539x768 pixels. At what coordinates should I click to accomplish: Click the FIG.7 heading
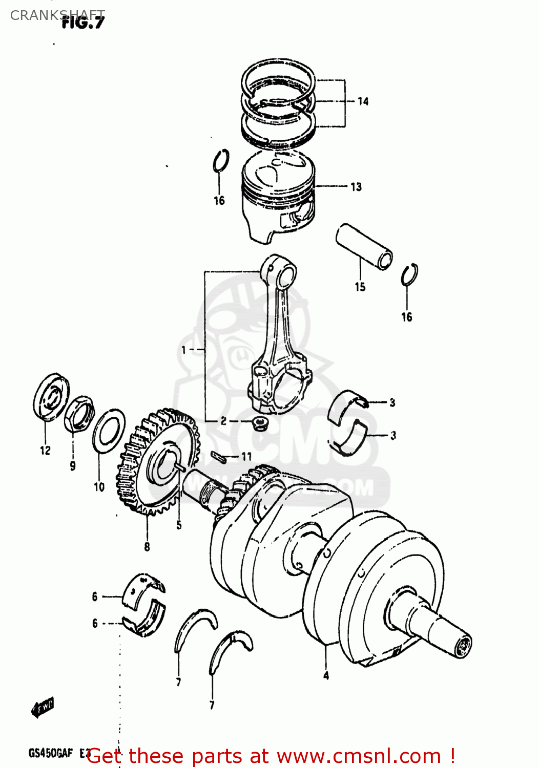point(83,23)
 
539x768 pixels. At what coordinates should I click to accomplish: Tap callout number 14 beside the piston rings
point(363,101)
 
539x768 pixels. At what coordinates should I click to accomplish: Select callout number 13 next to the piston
point(356,187)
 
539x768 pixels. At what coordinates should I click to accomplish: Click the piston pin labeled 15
point(364,246)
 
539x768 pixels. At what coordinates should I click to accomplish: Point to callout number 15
point(360,287)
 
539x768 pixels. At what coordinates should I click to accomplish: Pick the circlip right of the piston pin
point(409,275)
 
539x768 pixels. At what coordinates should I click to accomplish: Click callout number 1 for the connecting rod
point(184,350)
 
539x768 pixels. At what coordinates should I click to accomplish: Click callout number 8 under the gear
point(147,547)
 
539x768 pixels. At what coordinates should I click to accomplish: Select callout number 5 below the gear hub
point(179,525)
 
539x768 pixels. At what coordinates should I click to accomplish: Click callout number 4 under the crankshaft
point(326,676)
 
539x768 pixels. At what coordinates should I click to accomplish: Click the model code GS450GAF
point(51,753)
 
